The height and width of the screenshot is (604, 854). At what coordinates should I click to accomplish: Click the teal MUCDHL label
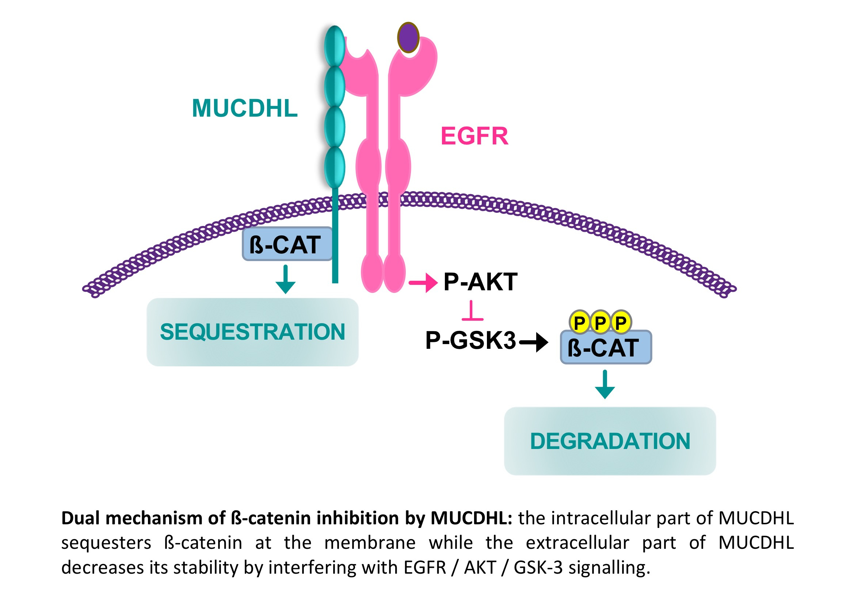pyautogui.click(x=244, y=108)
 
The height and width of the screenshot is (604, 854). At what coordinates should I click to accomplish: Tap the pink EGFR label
pyautogui.click(x=474, y=136)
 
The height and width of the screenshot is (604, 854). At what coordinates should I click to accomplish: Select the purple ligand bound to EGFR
pyautogui.click(x=408, y=37)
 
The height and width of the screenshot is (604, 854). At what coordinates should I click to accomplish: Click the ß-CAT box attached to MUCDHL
pyautogui.click(x=286, y=244)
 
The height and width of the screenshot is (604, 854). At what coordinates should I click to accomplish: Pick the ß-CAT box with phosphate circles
pyautogui.click(x=606, y=347)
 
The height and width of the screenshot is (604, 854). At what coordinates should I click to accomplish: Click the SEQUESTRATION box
pyautogui.click(x=252, y=332)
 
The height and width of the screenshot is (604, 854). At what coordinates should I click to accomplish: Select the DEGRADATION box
pyautogui.click(x=610, y=441)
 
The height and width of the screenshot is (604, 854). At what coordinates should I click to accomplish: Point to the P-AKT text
pyautogui.click(x=480, y=282)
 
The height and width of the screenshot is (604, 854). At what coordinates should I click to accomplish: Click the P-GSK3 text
pyautogui.click(x=470, y=340)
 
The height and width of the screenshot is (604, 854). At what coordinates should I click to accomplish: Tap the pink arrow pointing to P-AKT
pyautogui.click(x=423, y=283)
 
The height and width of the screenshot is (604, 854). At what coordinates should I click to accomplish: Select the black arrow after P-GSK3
pyautogui.click(x=534, y=341)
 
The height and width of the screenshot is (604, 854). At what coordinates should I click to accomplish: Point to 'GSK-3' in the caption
pyautogui.click(x=538, y=567)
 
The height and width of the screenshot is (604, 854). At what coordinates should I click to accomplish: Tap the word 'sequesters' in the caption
pyautogui.click(x=106, y=543)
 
